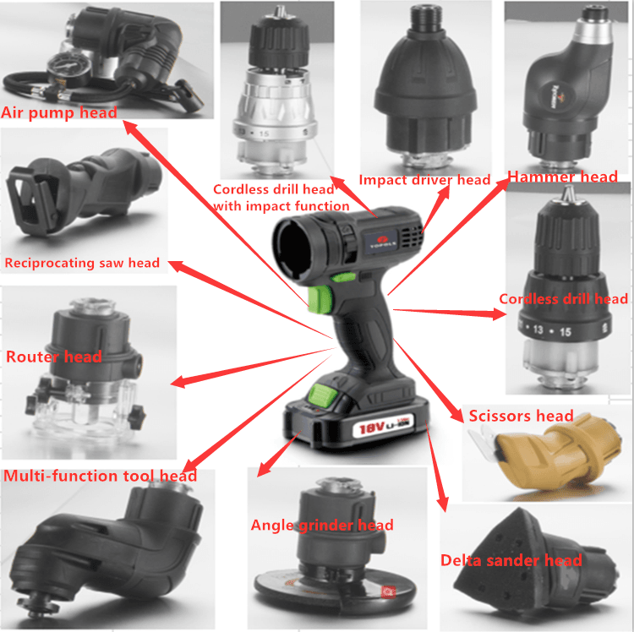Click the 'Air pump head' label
click(59, 112)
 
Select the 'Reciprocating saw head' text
click(82, 263)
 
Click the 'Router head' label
click(54, 357)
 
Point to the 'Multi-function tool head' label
click(100, 476)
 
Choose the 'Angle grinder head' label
click(322, 526)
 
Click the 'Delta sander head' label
click(511, 560)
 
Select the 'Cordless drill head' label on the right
click(563, 299)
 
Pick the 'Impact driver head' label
click(424, 180)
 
